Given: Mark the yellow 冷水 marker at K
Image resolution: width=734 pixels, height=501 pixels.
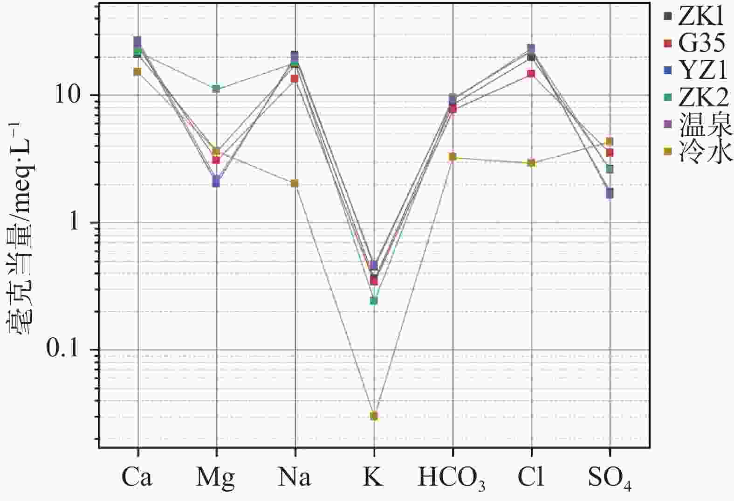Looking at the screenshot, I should (374, 416).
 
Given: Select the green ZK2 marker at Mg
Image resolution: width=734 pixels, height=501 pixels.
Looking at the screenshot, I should (216, 89).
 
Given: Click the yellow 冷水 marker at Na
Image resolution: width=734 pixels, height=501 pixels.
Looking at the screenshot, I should (295, 183).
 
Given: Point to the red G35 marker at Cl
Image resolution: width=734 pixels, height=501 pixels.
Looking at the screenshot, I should (531, 73).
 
